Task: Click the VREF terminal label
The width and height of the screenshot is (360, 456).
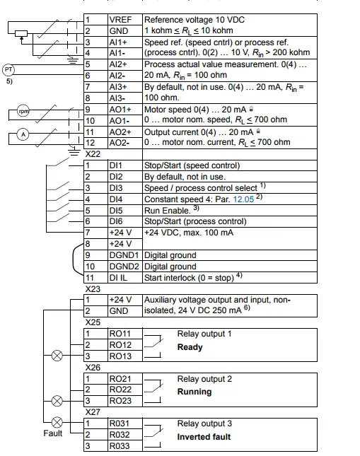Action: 120,20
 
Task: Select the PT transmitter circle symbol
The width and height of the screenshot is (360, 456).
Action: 8,70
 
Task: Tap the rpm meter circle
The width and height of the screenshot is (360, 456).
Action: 23,111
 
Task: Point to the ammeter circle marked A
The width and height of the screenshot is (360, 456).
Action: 23,134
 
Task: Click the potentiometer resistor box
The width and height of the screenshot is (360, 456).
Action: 21,34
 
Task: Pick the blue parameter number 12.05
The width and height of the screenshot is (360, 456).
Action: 243,199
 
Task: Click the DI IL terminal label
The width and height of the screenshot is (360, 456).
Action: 118,278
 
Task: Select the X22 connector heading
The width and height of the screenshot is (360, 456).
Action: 93,153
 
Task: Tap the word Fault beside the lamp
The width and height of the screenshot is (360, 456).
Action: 52,433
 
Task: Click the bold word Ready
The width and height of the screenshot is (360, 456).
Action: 190,347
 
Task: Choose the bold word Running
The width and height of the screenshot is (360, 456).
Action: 194,392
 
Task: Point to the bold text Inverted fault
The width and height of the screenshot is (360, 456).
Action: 204,437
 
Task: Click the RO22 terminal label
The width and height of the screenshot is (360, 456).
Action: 120,390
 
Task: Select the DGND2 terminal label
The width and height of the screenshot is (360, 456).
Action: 124,267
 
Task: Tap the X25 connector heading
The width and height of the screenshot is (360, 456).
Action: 93,322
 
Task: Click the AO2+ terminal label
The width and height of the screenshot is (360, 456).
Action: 120,132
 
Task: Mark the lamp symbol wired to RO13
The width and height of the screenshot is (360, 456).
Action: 57,356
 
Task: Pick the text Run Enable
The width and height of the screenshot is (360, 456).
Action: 168,211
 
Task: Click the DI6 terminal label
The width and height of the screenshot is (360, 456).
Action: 116,221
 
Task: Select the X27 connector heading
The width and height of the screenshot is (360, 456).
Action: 93,412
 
